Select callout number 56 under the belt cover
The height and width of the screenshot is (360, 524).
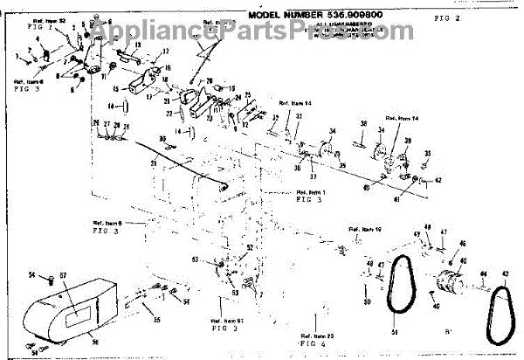(x=96, y=343)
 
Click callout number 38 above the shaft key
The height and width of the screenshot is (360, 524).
(x=362, y=125)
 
